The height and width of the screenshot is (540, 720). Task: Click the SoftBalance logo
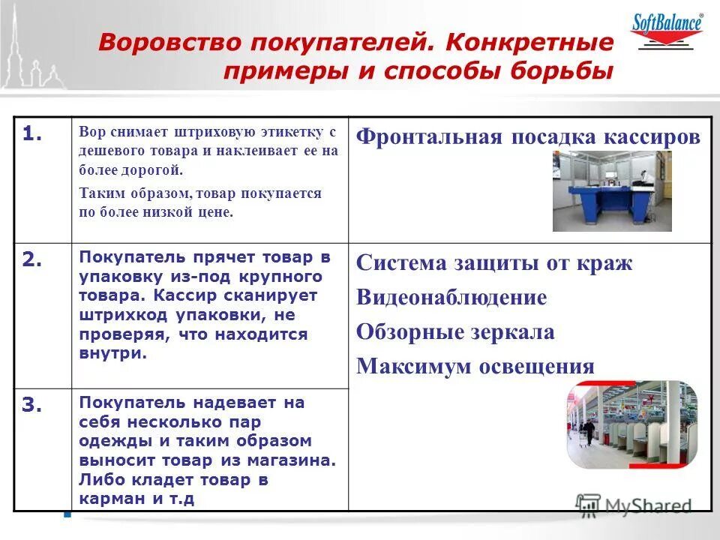click(669, 30)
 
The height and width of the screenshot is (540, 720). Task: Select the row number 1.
click(32, 134)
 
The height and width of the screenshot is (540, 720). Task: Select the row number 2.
click(32, 259)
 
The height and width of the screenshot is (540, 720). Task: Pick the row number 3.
click(32, 405)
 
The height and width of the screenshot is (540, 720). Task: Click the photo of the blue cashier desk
click(611, 190)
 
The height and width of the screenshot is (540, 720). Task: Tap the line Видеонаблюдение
click(451, 297)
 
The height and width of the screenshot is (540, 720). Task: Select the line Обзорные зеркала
click(455, 331)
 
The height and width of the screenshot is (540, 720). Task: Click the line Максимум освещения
click(475, 366)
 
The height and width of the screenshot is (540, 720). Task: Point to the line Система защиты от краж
click(494, 263)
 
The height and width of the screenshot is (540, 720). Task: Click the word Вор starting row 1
click(89, 133)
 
